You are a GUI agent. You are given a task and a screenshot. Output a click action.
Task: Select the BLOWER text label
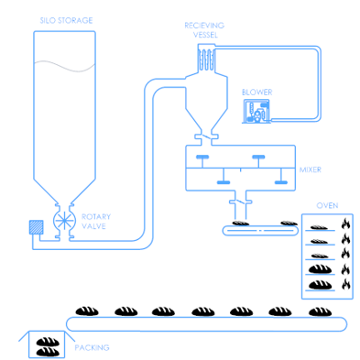(256, 93)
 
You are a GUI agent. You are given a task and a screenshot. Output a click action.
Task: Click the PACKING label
(93, 347)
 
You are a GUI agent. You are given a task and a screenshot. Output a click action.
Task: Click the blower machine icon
(256, 111)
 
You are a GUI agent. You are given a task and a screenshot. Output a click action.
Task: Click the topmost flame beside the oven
(346, 223)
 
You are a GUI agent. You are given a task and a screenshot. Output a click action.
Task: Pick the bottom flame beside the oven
(346, 284)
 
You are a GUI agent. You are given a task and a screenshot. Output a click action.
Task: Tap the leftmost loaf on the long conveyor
(87, 311)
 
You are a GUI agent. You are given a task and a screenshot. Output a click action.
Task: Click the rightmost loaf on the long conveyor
(319, 311)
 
